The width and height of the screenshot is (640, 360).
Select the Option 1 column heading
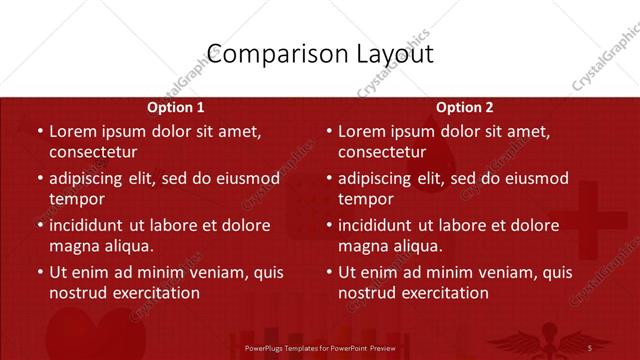tap(176, 107)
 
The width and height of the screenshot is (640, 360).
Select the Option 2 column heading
tap(465, 107)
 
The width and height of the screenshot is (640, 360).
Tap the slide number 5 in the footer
tap(590, 347)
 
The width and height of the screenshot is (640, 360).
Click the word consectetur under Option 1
tap(93, 152)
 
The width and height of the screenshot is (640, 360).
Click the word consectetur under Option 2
tap(382, 152)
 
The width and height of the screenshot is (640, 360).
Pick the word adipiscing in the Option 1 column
tap(91, 179)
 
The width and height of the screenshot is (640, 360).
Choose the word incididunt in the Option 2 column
tap(381, 225)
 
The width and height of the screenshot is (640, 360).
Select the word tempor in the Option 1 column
tap(77, 199)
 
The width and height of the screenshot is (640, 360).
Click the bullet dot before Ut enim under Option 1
tap(39, 272)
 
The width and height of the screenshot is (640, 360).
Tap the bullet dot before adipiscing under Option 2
tap(328, 179)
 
